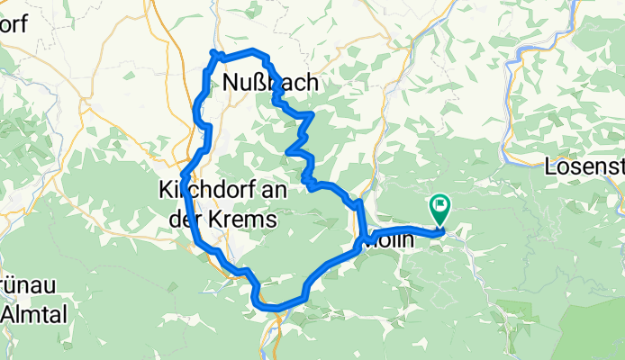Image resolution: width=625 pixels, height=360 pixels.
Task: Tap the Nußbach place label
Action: (x=269, y=83)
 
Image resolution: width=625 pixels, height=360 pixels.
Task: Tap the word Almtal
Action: (x=30, y=314)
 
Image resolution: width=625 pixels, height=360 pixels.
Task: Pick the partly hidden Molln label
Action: (x=396, y=241)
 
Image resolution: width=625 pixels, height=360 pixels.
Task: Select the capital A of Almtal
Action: (x=10, y=314)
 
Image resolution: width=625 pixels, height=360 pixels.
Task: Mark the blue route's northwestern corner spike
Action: (x=213, y=53)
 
